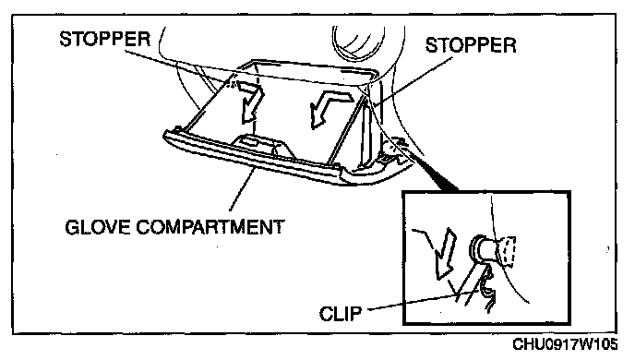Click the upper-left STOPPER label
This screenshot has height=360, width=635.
click(105, 39)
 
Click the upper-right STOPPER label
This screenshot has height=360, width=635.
click(471, 45)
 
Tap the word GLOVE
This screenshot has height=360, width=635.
click(97, 227)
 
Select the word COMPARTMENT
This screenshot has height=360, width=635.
click(210, 227)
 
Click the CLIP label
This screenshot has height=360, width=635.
click(341, 314)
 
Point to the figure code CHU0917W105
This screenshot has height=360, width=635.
click(565, 344)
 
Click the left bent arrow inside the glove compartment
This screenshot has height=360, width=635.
click(249, 100)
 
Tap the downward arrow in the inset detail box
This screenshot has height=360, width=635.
click(445, 254)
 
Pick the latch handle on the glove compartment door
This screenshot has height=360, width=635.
click(259, 145)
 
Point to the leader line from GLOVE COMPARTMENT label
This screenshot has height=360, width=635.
click(243, 188)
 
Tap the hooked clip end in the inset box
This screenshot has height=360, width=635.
click(488, 290)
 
